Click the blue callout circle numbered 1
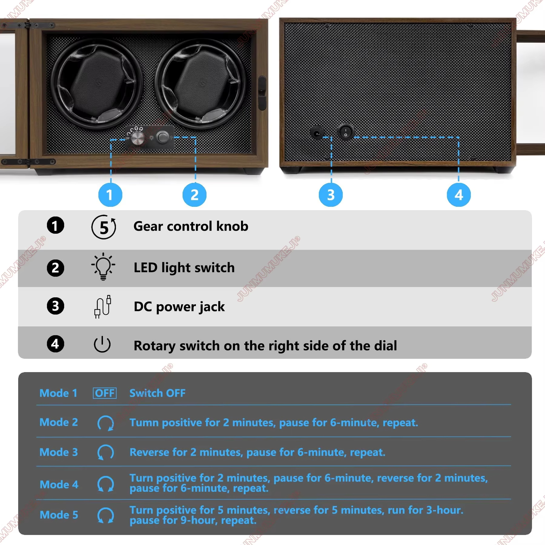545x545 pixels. point(110,195)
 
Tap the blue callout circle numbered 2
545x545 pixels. point(194,195)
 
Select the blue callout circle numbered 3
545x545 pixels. point(331,195)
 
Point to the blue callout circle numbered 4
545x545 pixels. point(459,195)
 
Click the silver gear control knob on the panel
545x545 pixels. point(138,138)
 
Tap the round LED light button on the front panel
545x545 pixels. point(163,137)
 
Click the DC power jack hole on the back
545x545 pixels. point(317,133)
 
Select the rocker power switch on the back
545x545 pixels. point(345,132)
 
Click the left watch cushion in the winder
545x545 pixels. point(97,82)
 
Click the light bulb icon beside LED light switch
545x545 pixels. point(103,266)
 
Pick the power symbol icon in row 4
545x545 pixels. point(102,344)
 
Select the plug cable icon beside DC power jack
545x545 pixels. point(103,306)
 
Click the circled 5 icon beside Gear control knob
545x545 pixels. point(104,227)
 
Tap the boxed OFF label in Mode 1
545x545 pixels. point(104,393)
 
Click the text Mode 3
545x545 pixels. point(59,452)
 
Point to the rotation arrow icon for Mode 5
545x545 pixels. point(106,515)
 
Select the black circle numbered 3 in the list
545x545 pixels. point(55,306)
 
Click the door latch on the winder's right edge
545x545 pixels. point(262,93)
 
